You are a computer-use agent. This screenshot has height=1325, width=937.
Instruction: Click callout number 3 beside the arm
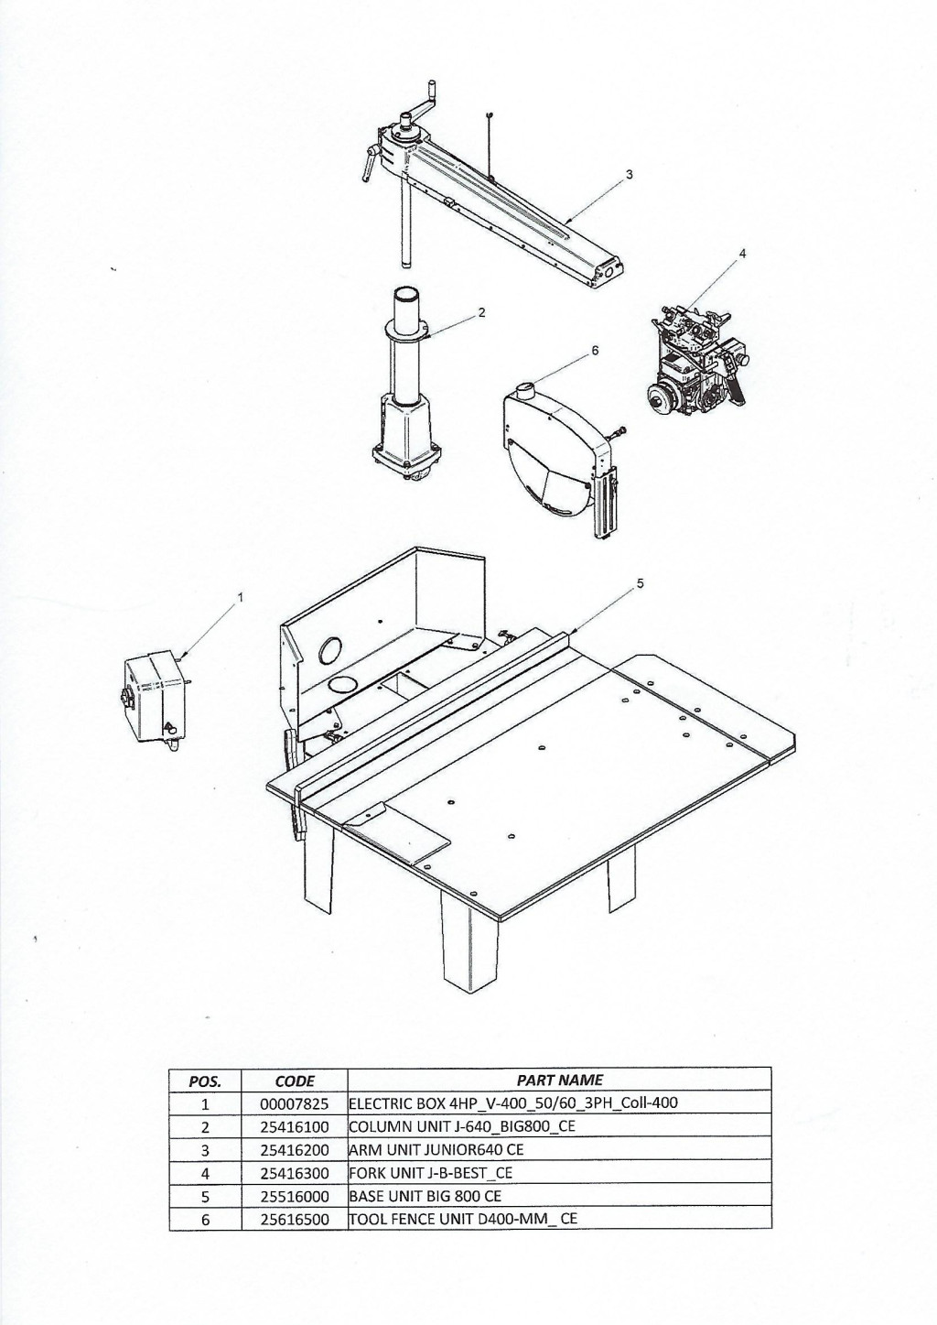pyautogui.click(x=630, y=175)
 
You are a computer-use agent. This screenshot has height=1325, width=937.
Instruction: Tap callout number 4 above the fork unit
pyautogui.click(x=742, y=253)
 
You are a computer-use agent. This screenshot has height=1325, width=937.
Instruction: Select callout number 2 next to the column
pyautogui.click(x=482, y=312)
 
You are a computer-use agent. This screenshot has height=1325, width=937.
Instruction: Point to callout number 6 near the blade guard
pyautogui.click(x=595, y=351)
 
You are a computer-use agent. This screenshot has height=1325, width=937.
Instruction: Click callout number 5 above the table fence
pyautogui.click(x=640, y=584)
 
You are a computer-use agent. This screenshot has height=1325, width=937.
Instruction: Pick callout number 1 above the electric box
pyautogui.click(x=240, y=597)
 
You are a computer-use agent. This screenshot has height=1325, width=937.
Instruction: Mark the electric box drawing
pyautogui.click(x=156, y=702)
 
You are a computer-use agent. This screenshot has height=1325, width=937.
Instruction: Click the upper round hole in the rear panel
pyautogui.click(x=330, y=651)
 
